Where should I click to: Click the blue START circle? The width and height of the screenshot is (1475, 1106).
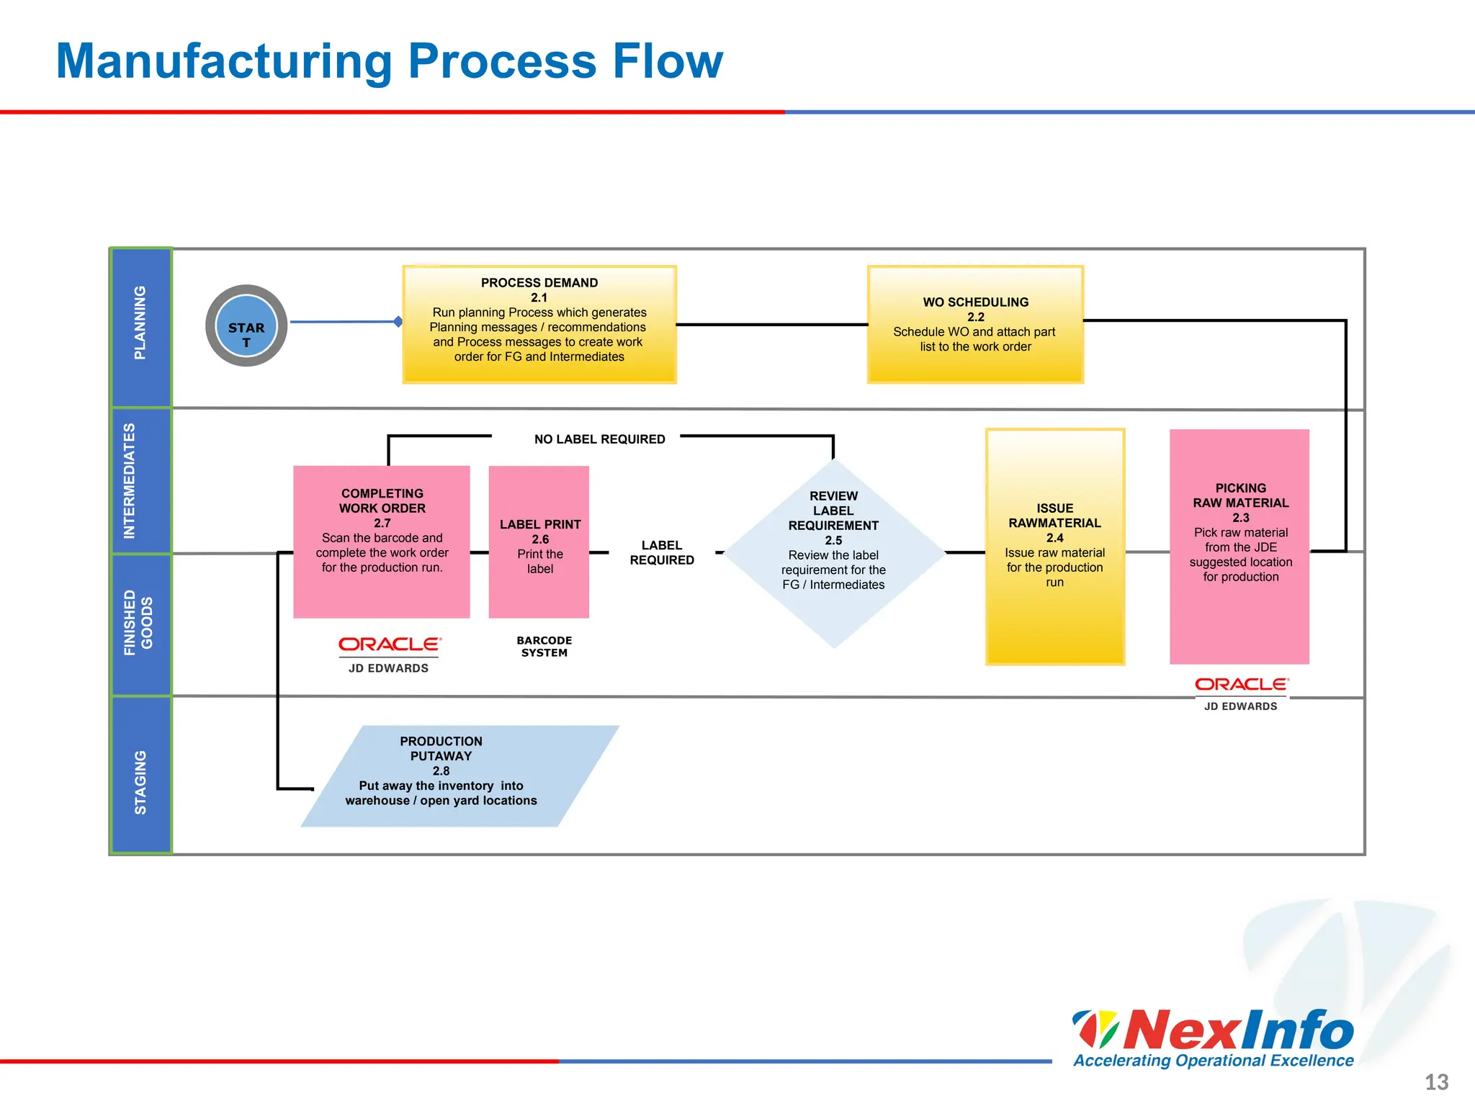point(246,325)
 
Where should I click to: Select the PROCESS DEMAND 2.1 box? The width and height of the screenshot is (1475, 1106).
point(539,325)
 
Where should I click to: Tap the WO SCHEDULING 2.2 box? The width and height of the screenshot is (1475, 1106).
point(975,325)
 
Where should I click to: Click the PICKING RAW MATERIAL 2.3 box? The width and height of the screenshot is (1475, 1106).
point(1239,547)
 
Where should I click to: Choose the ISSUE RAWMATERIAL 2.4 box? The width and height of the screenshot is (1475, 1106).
point(1054,547)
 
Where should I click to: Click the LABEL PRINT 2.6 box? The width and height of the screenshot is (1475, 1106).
point(539,542)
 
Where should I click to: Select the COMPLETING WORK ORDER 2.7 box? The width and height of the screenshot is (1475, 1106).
point(382,542)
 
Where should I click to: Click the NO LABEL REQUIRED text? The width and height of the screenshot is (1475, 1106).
point(599,439)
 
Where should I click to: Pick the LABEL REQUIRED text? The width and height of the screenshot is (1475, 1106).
point(662,553)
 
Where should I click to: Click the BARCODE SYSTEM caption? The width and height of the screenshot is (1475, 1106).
point(544,647)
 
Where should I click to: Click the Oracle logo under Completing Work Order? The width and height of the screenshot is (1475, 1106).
point(390,644)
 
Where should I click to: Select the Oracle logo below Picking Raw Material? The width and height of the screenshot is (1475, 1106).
point(1241,684)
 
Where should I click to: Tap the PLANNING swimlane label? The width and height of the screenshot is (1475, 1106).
point(140,323)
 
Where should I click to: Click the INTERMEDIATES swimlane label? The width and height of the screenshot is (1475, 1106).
point(130,481)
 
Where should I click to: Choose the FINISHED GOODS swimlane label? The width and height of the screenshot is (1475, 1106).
point(138,623)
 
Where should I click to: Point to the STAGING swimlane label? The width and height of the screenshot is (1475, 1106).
point(140,783)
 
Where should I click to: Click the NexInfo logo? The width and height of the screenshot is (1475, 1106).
point(1214,1037)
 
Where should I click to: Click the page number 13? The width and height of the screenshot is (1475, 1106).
point(1436,1082)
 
